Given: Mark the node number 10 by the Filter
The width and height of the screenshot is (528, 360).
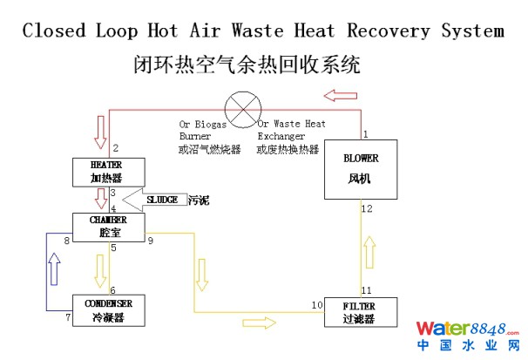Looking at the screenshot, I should [x=317, y=304].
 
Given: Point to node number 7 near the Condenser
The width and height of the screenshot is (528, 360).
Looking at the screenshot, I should [x=67, y=316].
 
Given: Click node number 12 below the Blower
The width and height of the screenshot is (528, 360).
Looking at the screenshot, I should [x=367, y=208].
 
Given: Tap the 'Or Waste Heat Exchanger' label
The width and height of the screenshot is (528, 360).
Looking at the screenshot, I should [x=291, y=130].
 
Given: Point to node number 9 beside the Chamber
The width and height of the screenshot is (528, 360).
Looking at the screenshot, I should [x=151, y=240].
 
